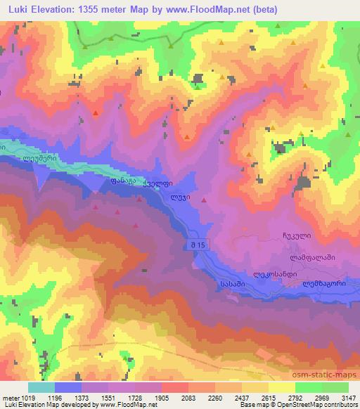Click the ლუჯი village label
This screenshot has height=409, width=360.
[181, 198]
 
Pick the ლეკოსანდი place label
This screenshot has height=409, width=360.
[271, 275]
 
